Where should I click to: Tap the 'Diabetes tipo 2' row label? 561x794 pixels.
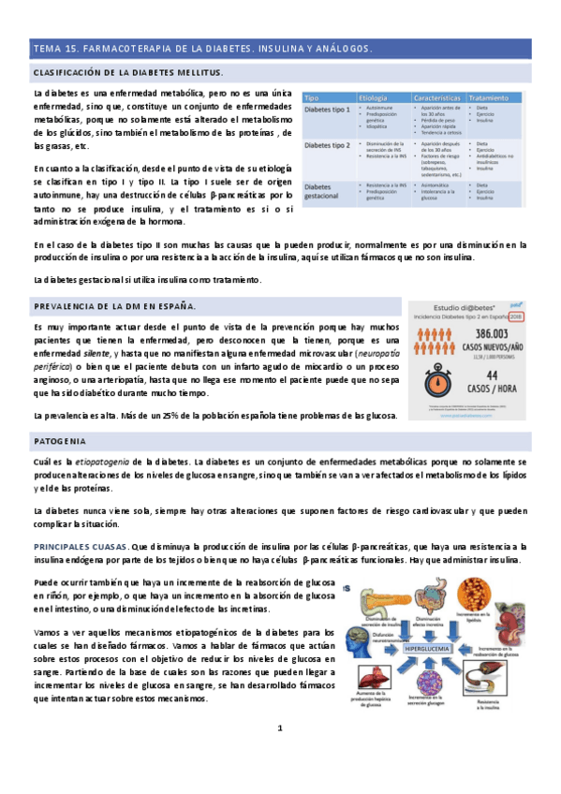(x=328, y=146)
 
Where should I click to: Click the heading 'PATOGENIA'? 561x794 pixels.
(x=60, y=440)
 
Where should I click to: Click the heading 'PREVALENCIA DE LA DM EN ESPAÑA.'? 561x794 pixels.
(x=114, y=306)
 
